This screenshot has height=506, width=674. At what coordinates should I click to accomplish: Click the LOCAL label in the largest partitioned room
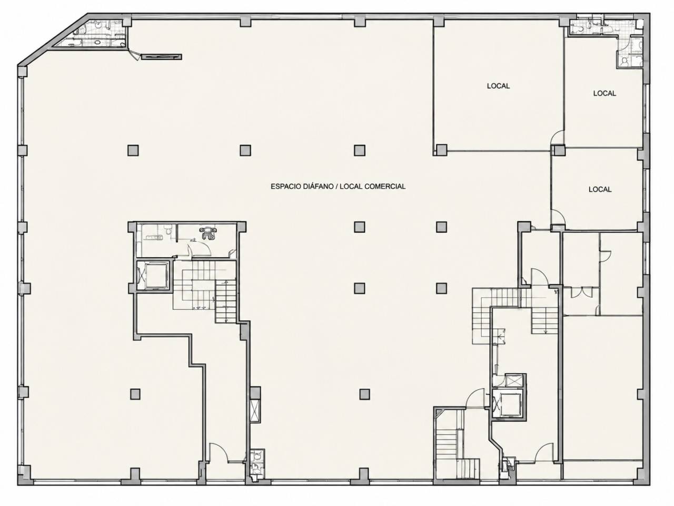point(498,86)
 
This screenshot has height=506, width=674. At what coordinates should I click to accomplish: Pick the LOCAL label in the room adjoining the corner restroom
point(604,93)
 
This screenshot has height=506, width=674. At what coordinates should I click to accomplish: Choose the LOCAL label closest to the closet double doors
point(600,190)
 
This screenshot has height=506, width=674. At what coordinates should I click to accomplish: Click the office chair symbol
point(208,232)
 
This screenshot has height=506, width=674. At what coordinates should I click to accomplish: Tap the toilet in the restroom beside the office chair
point(167,230)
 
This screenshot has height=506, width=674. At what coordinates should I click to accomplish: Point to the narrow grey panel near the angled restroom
point(162,57)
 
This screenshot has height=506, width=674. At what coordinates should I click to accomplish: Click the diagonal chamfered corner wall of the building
point(53,40)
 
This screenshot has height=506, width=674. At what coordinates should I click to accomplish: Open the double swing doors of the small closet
point(581,292)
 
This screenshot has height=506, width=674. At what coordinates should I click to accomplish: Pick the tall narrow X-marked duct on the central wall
point(255,411)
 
